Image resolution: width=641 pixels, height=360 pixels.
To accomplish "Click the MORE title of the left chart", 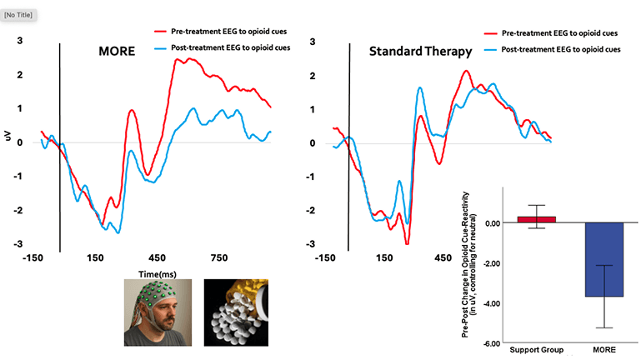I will (116, 52).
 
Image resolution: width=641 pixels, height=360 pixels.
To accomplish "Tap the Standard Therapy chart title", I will (421, 52).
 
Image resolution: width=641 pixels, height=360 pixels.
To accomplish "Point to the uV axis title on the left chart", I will (8, 134).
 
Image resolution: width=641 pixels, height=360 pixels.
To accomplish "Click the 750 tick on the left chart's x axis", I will (219, 257).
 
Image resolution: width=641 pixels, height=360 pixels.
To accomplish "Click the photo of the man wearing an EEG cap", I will (158, 312).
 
